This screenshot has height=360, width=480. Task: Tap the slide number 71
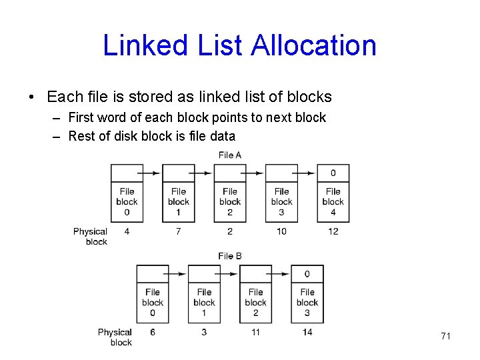click(x=445, y=336)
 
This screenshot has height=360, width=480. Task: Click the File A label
click(x=230, y=155)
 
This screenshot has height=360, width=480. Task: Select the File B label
click(x=230, y=256)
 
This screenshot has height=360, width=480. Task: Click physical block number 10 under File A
click(x=281, y=231)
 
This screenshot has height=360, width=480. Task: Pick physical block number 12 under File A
click(x=333, y=231)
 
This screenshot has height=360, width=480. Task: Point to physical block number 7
click(x=179, y=231)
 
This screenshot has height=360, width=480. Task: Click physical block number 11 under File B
click(x=256, y=332)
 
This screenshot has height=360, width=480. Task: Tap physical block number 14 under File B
click(x=307, y=332)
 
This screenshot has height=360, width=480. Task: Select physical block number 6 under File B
click(x=153, y=332)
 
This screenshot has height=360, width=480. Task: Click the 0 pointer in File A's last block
click(x=333, y=173)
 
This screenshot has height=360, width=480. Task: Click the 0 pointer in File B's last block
click(x=307, y=274)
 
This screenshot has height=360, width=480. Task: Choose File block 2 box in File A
click(x=230, y=201)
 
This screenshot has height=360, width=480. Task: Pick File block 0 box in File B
click(x=153, y=302)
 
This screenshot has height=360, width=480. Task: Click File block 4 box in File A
click(x=333, y=201)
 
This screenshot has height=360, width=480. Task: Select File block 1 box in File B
click(x=204, y=302)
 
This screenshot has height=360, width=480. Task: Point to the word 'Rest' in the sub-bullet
click(x=81, y=136)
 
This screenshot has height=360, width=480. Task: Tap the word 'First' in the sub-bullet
click(x=81, y=117)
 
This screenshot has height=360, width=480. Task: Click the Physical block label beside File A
click(x=91, y=237)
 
